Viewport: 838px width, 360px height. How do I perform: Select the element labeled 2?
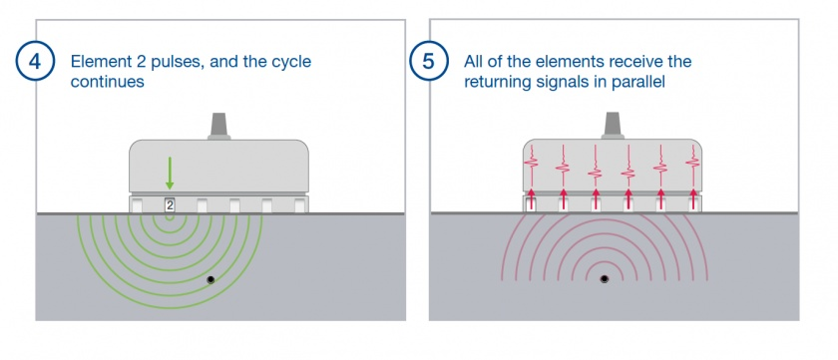pyautogui.click(x=170, y=204)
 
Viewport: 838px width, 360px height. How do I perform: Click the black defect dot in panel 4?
pyautogui.click(x=210, y=279)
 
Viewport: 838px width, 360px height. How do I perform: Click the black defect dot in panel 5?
pyautogui.click(x=604, y=279)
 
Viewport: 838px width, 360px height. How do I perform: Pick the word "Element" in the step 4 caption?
pyautogui.click(x=98, y=62)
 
